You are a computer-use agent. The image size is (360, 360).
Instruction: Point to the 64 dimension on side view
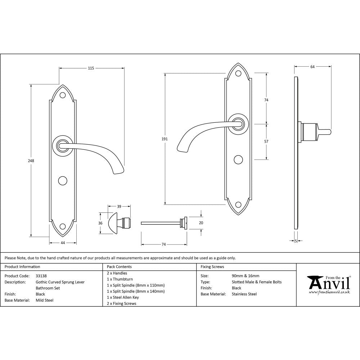point(312,67)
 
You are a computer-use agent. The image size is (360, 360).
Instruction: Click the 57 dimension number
point(266,141)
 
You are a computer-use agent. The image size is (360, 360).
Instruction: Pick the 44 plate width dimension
point(63,243)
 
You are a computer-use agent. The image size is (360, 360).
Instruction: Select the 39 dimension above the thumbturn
point(119,207)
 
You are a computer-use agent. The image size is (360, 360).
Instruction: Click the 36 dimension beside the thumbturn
point(101,223)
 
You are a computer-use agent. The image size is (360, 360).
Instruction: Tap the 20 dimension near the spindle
point(201,223)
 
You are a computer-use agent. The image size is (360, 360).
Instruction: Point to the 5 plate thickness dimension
point(296,241)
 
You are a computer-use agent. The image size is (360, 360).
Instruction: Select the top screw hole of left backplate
point(63,95)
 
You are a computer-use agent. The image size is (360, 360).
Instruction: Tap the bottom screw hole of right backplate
point(238,205)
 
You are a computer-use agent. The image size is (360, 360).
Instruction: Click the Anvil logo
point(328,284)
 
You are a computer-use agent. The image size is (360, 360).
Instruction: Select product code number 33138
point(41,276)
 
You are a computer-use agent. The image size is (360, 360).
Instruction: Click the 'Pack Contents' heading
point(119,267)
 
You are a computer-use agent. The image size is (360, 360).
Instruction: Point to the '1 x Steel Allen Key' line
point(123,297)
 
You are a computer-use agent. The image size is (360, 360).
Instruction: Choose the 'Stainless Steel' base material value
point(244,294)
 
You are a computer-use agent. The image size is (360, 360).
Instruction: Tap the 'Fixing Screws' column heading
point(212,267)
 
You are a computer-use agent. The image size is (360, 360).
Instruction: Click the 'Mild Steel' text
point(44,300)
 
